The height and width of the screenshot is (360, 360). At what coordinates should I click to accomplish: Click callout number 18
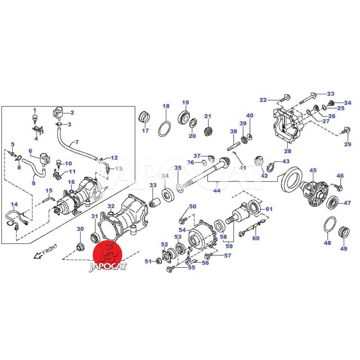point(166,106)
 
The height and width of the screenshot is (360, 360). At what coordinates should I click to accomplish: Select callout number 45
point(313,171)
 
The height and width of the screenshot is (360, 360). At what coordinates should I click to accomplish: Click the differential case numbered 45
point(315,193)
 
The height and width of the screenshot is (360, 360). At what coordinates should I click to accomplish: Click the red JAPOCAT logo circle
point(107,255)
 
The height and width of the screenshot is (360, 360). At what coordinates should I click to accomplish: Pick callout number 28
point(288,151)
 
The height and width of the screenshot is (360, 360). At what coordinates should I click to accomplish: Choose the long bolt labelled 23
point(308,98)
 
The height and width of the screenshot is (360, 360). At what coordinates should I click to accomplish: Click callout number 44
point(217,190)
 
